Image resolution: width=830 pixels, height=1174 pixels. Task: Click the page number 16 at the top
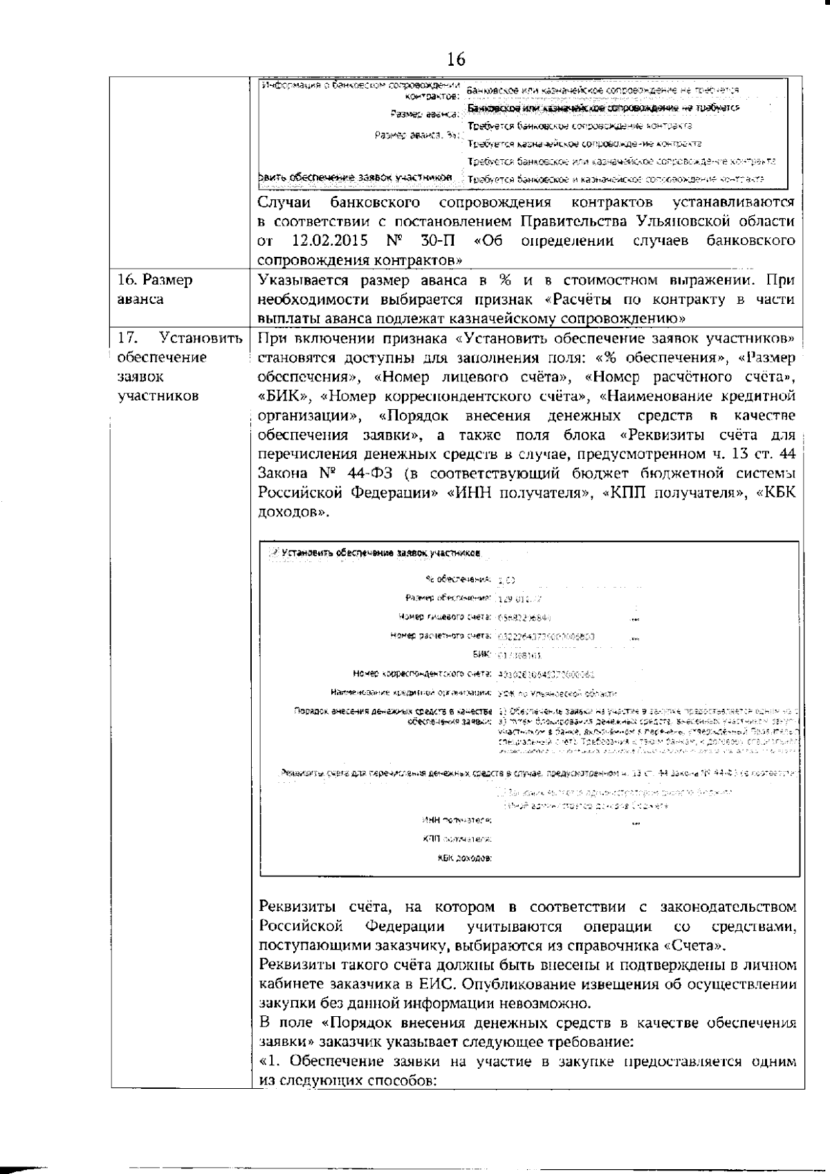[456, 60]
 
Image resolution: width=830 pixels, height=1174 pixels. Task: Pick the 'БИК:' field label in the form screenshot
[482, 653]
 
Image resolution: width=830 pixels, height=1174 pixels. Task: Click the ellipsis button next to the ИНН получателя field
[636, 822]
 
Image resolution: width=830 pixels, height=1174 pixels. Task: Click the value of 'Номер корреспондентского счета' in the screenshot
[546, 673]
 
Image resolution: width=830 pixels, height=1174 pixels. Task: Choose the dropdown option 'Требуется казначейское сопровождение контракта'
[584, 144]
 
